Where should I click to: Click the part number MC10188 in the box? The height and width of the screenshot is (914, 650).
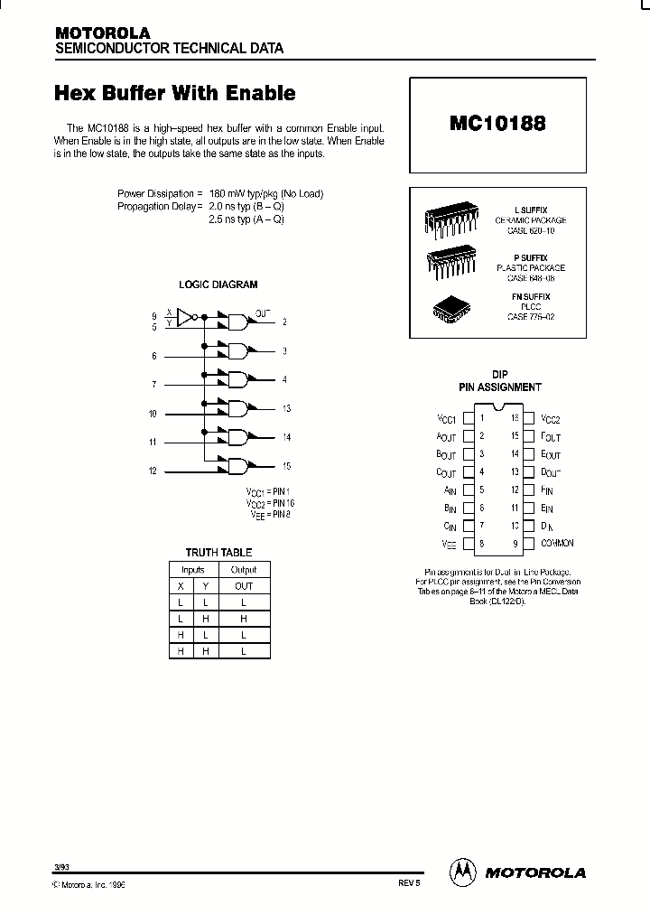tap(497, 125)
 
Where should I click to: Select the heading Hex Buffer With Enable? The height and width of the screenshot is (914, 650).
tap(175, 93)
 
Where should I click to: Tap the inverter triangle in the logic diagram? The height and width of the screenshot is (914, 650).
tap(186, 318)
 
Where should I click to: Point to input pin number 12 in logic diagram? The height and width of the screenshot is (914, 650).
tap(152, 471)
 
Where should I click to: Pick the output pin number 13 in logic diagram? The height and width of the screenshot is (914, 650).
tap(286, 408)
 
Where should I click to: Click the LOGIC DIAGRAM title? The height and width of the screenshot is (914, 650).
tap(218, 284)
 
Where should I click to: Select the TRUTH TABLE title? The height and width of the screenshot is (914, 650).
tap(218, 552)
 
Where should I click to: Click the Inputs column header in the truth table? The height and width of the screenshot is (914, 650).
tap(193, 570)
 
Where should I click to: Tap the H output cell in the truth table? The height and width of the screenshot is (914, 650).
tap(244, 618)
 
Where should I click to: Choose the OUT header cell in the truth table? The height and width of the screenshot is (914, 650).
tap(244, 585)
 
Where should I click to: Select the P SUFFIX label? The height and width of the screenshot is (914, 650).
tap(531, 257)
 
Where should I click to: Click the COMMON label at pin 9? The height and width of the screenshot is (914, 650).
tap(557, 543)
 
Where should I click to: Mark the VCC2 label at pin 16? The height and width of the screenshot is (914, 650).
tap(551, 419)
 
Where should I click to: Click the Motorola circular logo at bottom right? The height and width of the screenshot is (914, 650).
tap(462, 872)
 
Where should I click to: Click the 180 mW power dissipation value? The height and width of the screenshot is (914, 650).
tap(231, 193)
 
